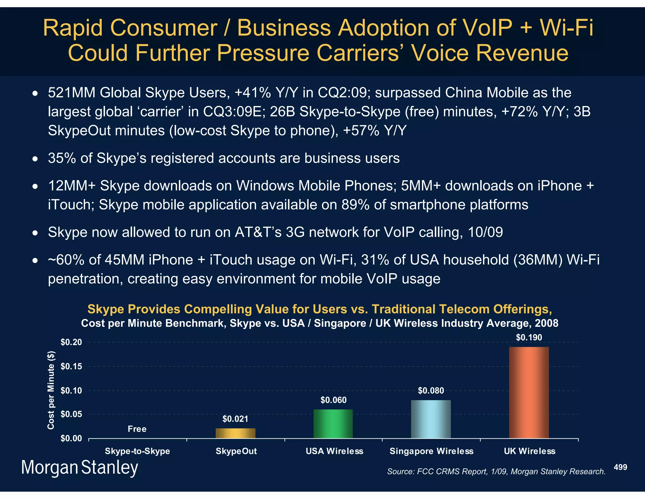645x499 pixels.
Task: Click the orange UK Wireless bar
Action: (x=529, y=392)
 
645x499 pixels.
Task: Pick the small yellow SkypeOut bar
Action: (x=235, y=433)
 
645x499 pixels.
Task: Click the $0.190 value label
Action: (x=529, y=338)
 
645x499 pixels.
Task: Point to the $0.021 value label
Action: (x=235, y=419)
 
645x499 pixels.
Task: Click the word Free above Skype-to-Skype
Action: (x=137, y=429)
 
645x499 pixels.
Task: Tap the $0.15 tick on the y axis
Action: (x=71, y=366)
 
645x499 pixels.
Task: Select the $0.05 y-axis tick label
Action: (x=71, y=414)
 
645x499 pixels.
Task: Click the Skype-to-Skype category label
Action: (x=137, y=451)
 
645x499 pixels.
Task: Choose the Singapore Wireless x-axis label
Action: (x=431, y=451)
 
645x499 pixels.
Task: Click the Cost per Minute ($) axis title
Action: (x=51, y=390)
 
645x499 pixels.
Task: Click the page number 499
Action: (x=620, y=467)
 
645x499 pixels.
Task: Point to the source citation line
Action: (x=496, y=472)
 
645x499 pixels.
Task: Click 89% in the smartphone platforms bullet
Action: (x=356, y=205)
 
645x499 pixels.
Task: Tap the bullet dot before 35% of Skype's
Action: (x=35, y=159)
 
